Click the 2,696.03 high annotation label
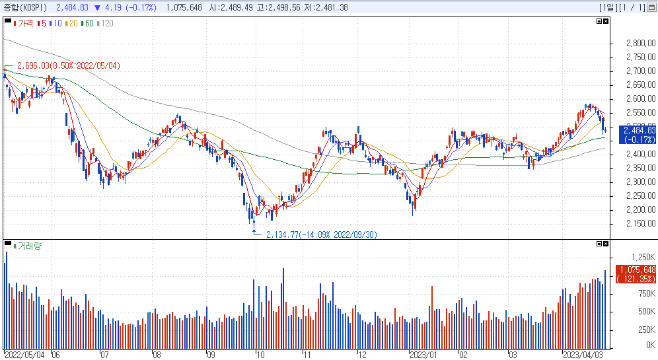(x=69, y=66)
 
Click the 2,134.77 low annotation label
(x=322, y=234)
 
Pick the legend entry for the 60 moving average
(x=88, y=24)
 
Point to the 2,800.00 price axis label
(x=641, y=43)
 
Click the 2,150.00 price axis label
(x=641, y=224)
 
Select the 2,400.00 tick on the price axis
(x=641, y=155)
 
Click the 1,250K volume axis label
(x=643, y=257)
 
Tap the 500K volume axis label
(x=647, y=311)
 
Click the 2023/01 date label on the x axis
(x=423, y=355)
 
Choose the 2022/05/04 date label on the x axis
(x=24, y=355)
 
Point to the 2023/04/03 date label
(x=583, y=355)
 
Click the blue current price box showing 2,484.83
(x=638, y=135)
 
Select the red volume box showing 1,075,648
(x=636, y=274)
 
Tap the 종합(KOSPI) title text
(x=25, y=7)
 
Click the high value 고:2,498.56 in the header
(x=278, y=7)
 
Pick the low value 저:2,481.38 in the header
(x=326, y=7)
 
